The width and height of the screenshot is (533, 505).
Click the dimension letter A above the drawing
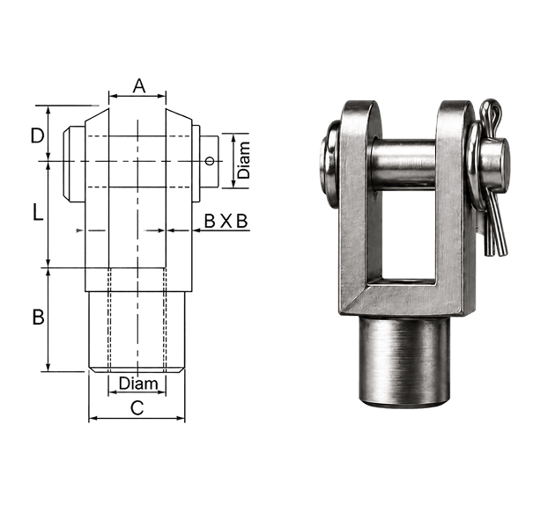[139, 86]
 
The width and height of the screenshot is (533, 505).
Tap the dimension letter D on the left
[37, 135]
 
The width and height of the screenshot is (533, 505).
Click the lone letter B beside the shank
[38, 318]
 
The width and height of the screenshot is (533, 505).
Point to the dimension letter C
[137, 407]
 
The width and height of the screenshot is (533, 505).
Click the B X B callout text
[226, 222]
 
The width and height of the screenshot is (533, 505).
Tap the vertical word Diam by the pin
[243, 160]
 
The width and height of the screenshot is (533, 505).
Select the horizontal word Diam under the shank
[138, 384]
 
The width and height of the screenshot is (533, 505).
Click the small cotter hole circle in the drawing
[211, 161]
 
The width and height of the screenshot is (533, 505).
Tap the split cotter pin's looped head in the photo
[489, 113]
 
